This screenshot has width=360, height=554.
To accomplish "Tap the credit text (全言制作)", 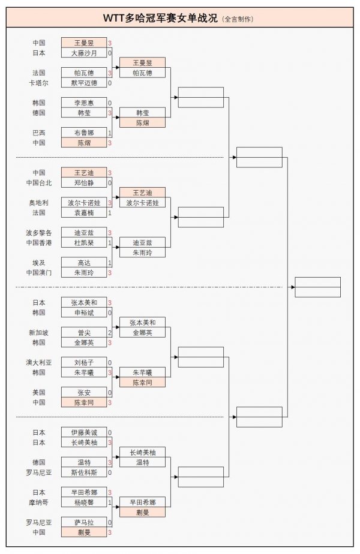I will (x=238, y=19).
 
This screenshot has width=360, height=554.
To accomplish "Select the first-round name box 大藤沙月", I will (x=84, y=53).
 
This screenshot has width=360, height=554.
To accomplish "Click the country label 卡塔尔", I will (x=39, y=83).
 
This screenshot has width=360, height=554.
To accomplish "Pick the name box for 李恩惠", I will (x=84, y=103).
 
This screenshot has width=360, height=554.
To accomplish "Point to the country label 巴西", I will (x=39, y=133).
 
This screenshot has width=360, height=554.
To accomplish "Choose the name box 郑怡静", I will (x=84, y=183).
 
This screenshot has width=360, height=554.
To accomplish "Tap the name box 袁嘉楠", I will (x=84, y=213).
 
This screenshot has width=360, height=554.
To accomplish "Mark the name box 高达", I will (x=84, y=263).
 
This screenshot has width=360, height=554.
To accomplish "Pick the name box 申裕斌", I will (x=84, y=313).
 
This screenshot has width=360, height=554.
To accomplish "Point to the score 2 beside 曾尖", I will (x=110, y=333).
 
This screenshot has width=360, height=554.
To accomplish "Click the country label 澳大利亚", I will (x=39, y=363).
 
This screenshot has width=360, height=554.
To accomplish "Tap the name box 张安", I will (x=84, y=393).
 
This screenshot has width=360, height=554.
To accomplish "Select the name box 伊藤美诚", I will (x=84, y=432).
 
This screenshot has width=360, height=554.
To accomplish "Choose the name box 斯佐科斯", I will (x=84, y=472).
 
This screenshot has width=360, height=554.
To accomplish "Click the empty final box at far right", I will (x=318, y=287).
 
